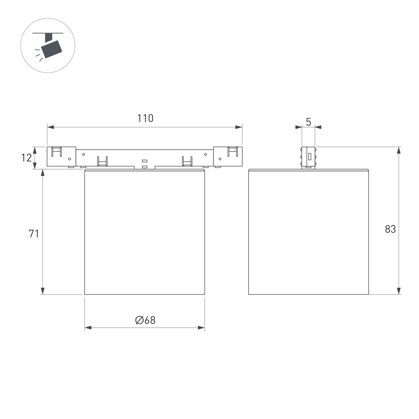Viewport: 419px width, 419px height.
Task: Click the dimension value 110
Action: point(145,118)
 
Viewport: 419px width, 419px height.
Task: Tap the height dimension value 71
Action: point(34,234)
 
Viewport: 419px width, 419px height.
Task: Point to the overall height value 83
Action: point(390,229)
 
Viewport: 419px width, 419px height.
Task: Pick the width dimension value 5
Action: point(308,122)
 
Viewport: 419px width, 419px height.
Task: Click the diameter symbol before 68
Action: point(139,320)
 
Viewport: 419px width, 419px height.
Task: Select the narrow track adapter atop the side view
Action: point(308,157)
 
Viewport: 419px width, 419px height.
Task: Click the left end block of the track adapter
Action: point(61,156)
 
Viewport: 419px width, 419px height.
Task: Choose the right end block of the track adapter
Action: point(228,156)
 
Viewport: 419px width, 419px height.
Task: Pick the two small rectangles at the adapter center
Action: point(145,164)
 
